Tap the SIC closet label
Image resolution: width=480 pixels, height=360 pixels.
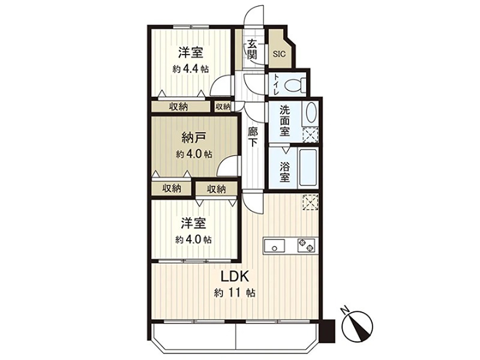280,53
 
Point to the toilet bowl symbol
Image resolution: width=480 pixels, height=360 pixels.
293,85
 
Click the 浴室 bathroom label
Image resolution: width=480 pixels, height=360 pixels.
284,169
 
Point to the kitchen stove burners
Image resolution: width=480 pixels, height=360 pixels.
306,245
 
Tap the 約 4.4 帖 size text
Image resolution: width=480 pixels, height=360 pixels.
190,68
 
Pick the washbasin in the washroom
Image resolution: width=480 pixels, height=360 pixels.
311,113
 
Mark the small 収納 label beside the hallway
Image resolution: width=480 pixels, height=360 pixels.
222,106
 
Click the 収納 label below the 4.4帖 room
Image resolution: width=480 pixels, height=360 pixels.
178,107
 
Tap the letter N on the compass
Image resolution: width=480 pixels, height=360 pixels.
344,310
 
